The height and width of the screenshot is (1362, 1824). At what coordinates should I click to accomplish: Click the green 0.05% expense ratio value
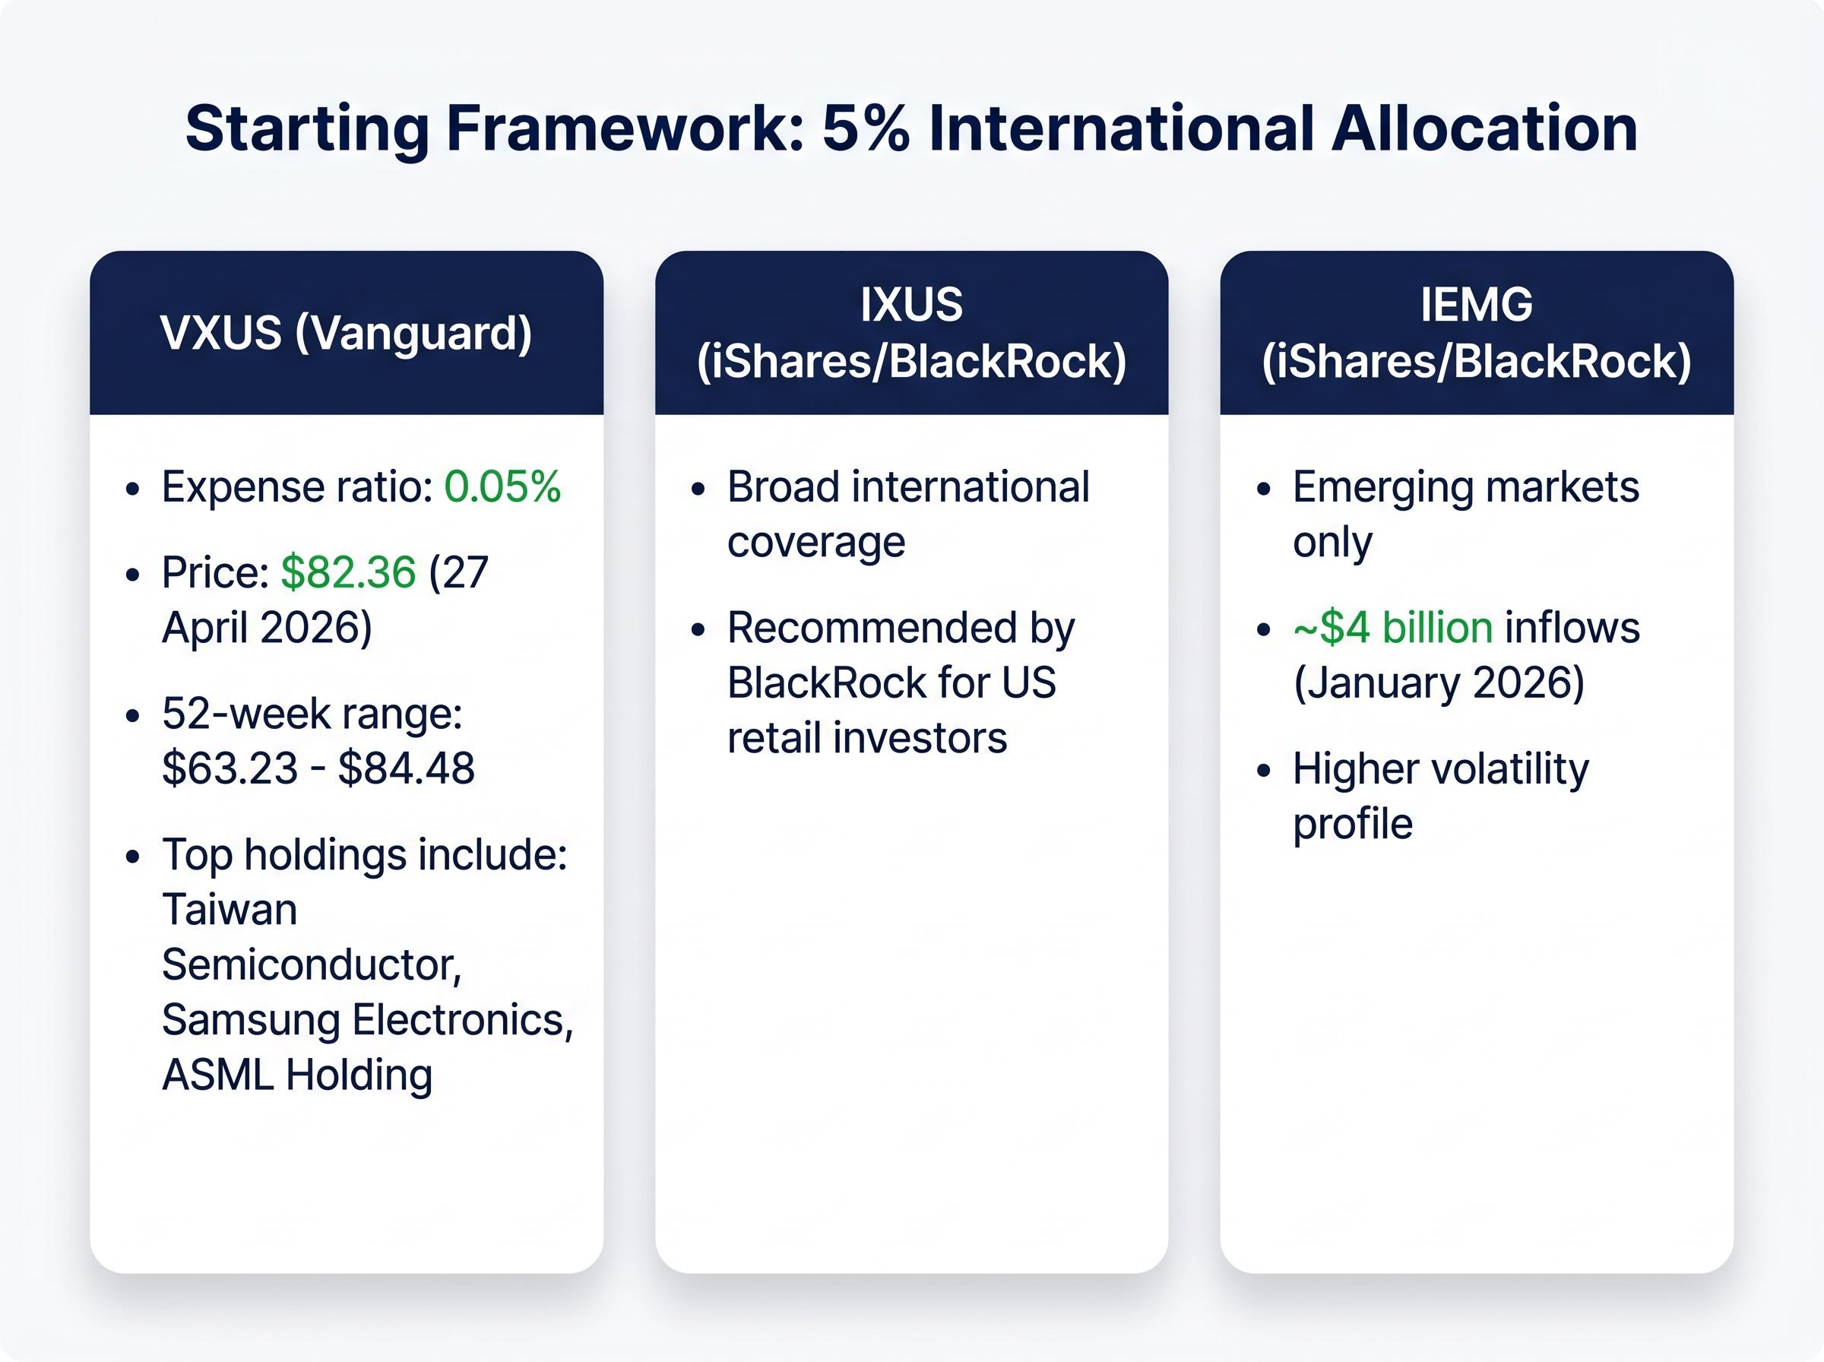[502, 486]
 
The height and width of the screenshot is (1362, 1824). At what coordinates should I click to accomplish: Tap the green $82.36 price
[348, 572]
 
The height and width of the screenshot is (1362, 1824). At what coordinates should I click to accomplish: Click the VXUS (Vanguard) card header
[346, 333]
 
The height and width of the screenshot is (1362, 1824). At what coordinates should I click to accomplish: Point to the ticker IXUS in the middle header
[910, 305]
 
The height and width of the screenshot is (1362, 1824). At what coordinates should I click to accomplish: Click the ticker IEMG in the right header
[1476, 305]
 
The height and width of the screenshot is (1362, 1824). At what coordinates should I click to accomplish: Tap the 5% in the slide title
[866, 129]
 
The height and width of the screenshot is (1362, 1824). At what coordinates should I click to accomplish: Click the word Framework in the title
[625, 129]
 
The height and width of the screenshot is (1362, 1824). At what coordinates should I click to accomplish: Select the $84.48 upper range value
[407, 768]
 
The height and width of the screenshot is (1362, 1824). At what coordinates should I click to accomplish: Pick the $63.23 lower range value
[229, 768]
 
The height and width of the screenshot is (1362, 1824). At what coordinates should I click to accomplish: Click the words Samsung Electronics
[366, 1020]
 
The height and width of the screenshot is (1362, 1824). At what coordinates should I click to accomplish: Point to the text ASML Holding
[296, 1075]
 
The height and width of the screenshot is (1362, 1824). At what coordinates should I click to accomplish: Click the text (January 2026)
[1438, 683]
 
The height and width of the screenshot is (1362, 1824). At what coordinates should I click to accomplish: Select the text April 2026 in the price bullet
[266, 627]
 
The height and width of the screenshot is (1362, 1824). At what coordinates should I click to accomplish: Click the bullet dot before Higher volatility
[1264, 771]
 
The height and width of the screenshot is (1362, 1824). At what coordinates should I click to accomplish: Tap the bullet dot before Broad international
[698, 489]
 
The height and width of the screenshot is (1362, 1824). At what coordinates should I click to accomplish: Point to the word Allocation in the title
[1484, 129]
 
